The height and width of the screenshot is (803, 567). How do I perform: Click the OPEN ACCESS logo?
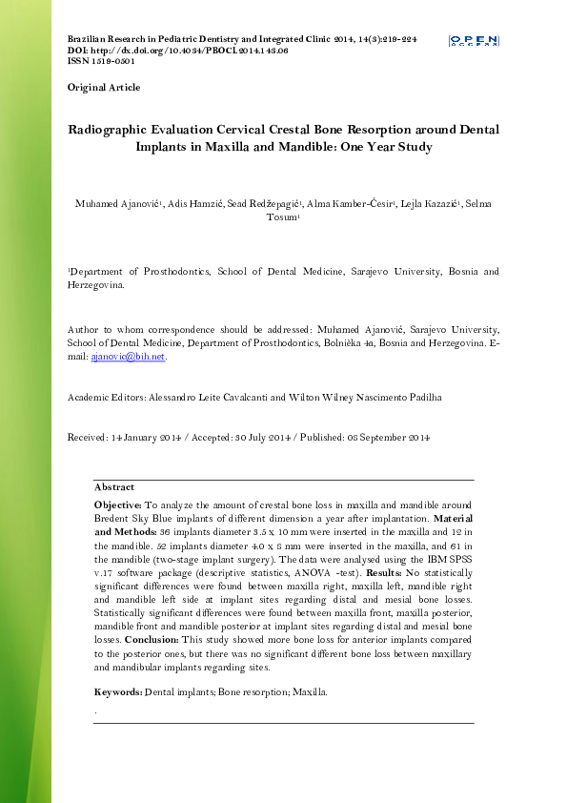[x=474, y=41]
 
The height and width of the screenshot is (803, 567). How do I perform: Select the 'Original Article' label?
[x=104, y=88]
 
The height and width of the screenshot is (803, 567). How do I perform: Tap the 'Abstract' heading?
[x=114, y=487]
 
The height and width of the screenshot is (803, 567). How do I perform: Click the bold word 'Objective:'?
[x=117, y=504]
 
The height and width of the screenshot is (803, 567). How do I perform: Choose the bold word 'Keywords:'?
[x=117, y=690]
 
